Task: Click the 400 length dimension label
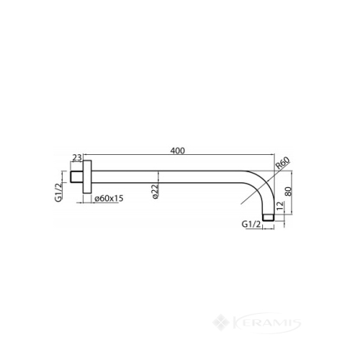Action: [178, 151]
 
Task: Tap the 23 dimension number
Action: [77, 157]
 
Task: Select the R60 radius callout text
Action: [283, 164]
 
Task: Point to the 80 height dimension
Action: [288, 192]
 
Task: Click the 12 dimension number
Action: [279, 206]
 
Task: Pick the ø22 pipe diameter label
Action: [155, 192]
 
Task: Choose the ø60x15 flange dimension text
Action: [109, 198]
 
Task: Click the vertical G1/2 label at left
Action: [58, 192]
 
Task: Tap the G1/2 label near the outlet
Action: [251, 224]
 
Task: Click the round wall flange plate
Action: [87, 177]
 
